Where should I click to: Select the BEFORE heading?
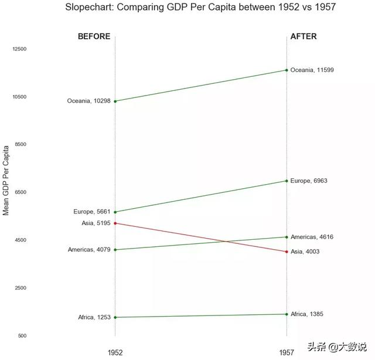(x=94, y=36)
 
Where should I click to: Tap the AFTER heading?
(x=304, y=36)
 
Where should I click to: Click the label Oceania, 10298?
(x=88, y=101)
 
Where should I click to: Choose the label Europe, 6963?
(x=309, y=181)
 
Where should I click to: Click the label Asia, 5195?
(x=96, y=223)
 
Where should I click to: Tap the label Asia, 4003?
(x=305, y=252)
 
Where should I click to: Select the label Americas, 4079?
(x=89, y=250)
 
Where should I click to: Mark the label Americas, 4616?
(x=312, y=237)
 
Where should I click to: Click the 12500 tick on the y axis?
(x=19, y=49)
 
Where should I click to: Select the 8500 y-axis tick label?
(x=21, y=144)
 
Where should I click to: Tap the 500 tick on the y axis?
(x=22, y=336)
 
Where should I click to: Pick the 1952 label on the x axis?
(x=115, y=353)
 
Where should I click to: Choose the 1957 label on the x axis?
(x=287, y=353)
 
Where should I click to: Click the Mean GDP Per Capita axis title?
(x=6, y=181)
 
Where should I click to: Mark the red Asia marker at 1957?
(x=287, y=252)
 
